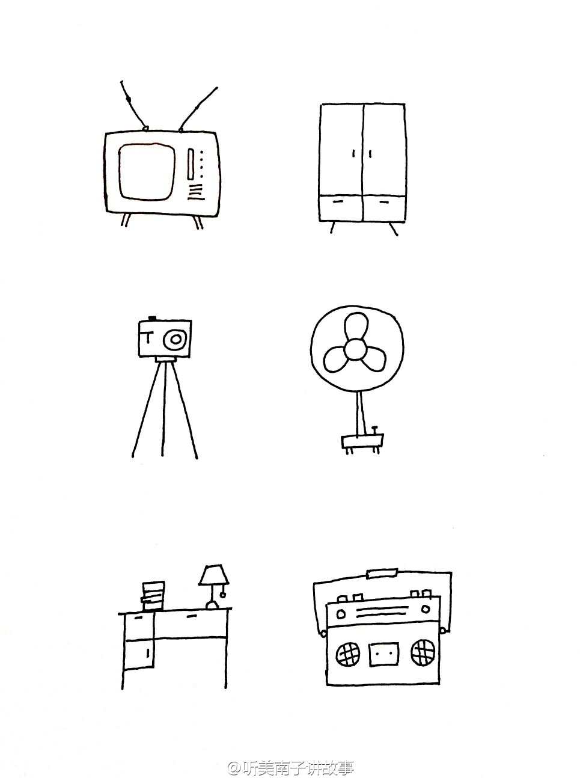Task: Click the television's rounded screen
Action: point(147,171)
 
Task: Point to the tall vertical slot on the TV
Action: point(191,164)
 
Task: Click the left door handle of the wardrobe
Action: point(353,153)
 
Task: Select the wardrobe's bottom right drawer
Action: point(384,208)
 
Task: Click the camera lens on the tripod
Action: point(175,339)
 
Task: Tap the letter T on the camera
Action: point(148,337)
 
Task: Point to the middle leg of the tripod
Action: point(163,409)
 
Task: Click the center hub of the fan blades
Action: point(355,349)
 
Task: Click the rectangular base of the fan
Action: point(362,441)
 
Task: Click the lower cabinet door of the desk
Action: point(138,654)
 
